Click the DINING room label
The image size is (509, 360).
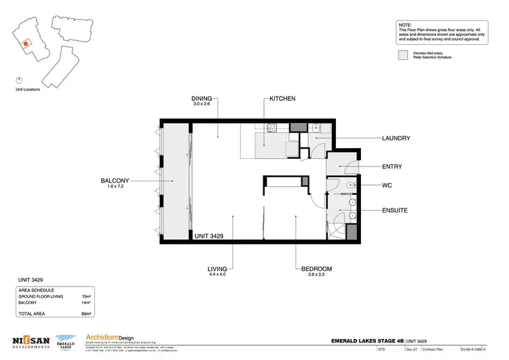coord(202,98)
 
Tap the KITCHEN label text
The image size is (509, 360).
coord(282,98)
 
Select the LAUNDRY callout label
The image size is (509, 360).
coord(396,138)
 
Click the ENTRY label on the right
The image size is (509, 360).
coord(392,166)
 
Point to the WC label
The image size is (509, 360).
coord(388,184)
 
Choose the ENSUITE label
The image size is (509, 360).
coord(395,211)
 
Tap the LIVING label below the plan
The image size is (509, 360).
coord(217,269)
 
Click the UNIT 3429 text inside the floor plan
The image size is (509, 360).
coord(209,236)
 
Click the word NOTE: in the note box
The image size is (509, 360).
coord(405,24)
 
